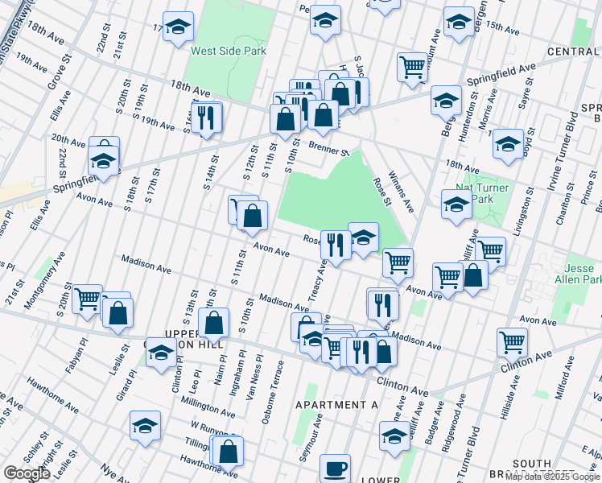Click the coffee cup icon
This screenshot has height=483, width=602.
[x=335, y=467]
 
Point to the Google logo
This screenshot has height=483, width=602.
[x=27, y=473]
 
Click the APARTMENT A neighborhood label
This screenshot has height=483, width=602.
[x=336, y=405]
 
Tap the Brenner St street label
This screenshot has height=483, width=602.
[x=328, y=148]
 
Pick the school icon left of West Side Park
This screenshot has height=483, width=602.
[x=177, y=26]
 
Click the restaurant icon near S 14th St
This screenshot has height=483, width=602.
[x=206, y=117]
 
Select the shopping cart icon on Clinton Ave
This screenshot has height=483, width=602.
[x=512, y=341]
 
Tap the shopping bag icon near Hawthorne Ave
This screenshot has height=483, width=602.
[x=229, y=451]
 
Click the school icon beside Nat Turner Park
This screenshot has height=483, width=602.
[x=456, y=204]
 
